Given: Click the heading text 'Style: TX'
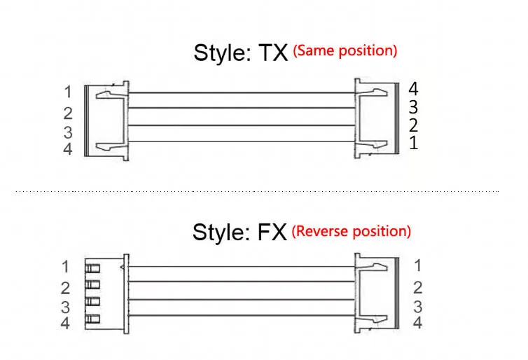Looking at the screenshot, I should [x=240, y=53].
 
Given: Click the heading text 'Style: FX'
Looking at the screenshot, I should [x=239, y=232].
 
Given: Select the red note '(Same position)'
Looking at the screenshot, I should [x=345, y=50].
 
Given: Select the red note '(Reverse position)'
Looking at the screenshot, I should [x=351, y=230].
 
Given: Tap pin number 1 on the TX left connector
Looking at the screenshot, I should [x=68, y=92].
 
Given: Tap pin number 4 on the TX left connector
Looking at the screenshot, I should [x=68, y=149].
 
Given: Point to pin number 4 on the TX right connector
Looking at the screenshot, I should [x=413, y=89].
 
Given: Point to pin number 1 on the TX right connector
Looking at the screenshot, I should [x=413, y=144].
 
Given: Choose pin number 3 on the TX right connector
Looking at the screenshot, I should [x=413, y=107].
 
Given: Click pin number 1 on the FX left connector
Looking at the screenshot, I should [x=66, y=267].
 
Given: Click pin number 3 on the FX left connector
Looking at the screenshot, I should [x=66, y=307].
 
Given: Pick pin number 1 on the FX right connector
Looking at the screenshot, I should [x=418, y=265].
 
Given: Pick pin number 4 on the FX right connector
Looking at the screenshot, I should [x=418, y=323].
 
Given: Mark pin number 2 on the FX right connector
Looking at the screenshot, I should [x=418, y=286].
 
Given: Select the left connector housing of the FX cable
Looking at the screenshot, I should [x=105, y=294].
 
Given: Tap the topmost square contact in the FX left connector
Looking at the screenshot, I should [x=92, y=268].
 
